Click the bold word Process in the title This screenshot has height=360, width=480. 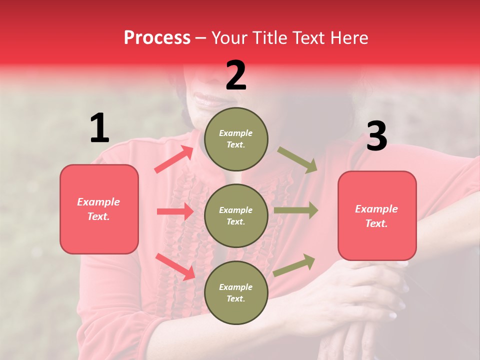157,38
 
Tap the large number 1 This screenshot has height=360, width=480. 99,128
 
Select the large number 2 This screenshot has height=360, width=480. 236,75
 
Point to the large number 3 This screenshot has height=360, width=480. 376,136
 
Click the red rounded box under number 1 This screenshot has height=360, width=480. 99,209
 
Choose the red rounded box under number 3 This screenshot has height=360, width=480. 377,215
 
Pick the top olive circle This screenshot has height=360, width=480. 236,139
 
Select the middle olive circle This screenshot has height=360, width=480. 236,215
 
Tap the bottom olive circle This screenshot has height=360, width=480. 236,292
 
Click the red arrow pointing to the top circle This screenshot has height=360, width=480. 174,159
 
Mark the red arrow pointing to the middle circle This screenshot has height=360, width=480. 175,211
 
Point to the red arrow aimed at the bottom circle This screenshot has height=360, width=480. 175,266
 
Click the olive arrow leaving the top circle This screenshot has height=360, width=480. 297,160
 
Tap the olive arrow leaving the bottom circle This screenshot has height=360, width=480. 294,265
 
